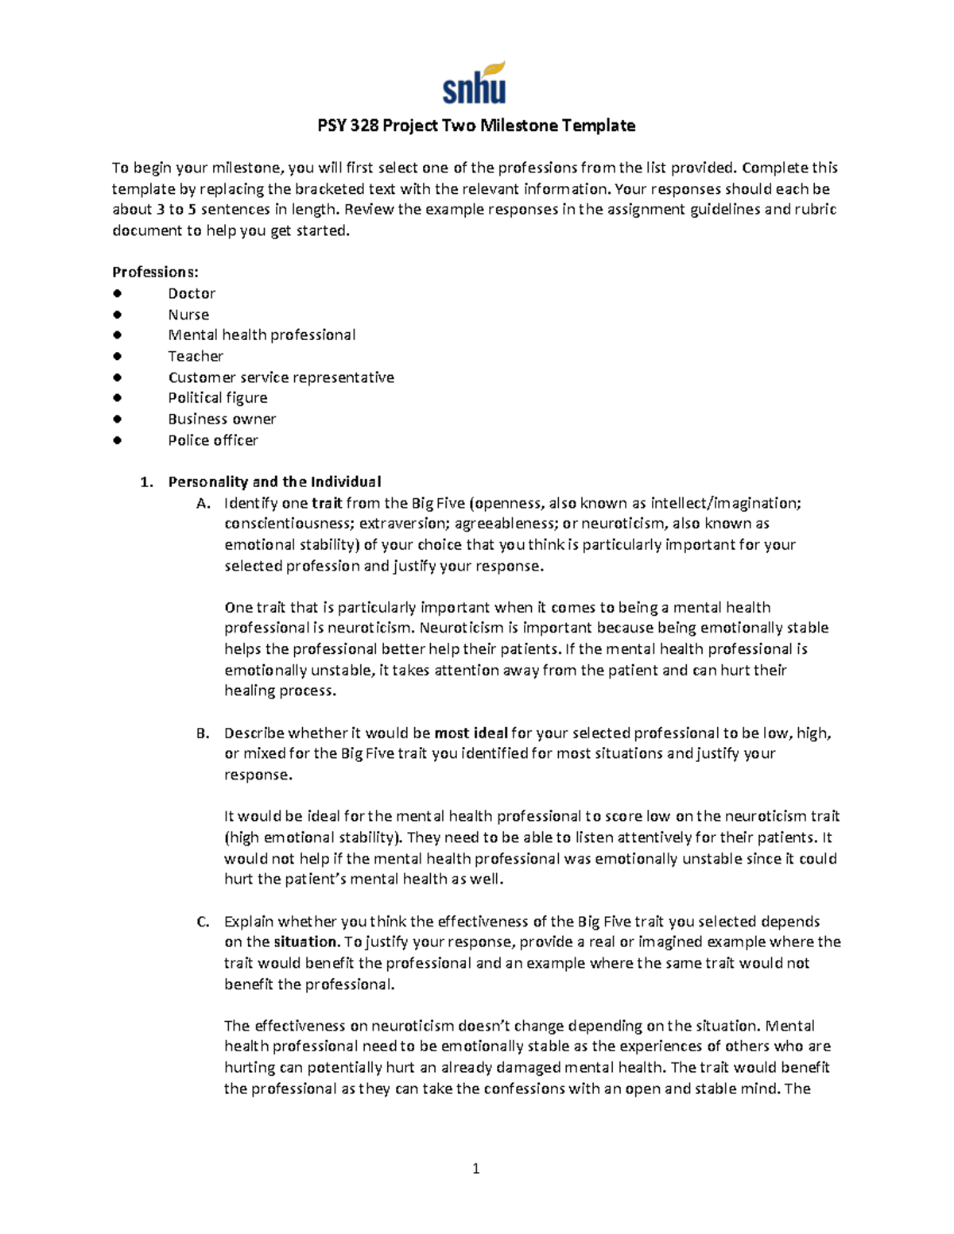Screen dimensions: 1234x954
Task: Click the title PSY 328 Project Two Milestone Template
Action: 476,126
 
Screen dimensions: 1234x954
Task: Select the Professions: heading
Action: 155,272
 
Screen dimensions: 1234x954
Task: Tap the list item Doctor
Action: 192,293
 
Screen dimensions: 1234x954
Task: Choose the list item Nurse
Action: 188,315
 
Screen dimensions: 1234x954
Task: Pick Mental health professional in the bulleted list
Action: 262,335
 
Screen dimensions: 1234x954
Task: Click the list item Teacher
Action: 196,356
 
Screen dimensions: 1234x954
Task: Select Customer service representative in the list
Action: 281,377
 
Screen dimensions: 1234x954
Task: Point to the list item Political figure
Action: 217,398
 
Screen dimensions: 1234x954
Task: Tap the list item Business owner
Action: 222,419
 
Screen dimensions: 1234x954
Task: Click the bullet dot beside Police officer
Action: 118,440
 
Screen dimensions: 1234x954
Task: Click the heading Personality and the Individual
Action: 274,482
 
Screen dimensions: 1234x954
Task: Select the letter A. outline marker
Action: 204,503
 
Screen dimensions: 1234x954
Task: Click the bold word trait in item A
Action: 327,503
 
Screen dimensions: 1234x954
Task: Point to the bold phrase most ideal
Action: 471,733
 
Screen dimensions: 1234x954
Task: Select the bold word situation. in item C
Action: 307,942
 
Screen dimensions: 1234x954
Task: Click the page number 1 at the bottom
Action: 475,1168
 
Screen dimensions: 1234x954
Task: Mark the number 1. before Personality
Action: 146,482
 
